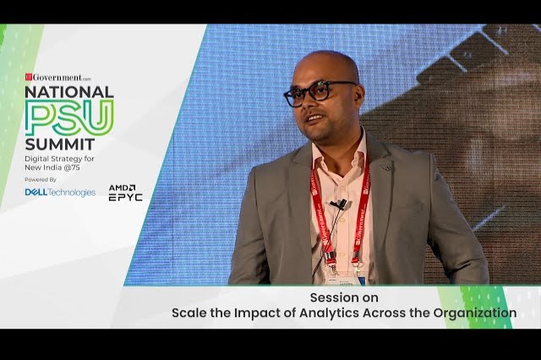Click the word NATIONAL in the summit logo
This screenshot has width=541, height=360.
tap(68, 90)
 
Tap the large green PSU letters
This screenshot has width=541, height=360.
tap(68, 117)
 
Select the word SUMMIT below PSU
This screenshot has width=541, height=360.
tap(59, 145)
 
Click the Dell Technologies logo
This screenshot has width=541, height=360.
tap(60, 192)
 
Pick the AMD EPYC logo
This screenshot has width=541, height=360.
tap(124, 192)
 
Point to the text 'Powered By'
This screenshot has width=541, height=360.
tap(41, 179)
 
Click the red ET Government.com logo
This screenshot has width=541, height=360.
tap(57, 77)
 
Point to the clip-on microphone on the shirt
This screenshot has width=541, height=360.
tap(339, 205)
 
